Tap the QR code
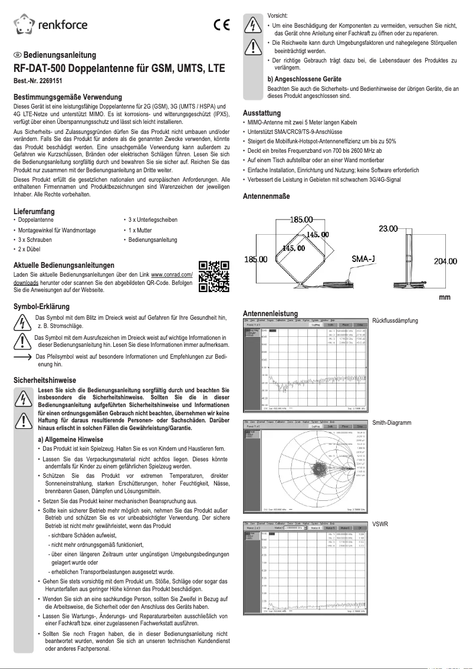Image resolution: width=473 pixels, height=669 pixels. pyautogui.click(x=213, y=276)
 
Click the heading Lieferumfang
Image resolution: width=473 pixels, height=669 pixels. pyautogui.click(x=34, y=211)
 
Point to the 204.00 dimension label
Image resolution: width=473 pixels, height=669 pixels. pyautogui.click(x=445, y=261)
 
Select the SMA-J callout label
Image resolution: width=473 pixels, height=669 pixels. pyautogui.click(x=364, y=259)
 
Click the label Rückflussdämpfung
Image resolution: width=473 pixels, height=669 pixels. pyautogui.click(x=395, y=321)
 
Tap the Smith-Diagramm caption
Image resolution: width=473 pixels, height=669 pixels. pyautogui.click(x=392, y=423)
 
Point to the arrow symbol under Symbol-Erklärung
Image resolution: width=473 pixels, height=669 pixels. pyautogui.click(x=22, y=358)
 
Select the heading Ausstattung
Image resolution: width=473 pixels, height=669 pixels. pyautogui.click(x=262, y=113)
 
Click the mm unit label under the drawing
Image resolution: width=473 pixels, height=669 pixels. pyautogui.click(x=445, y=297)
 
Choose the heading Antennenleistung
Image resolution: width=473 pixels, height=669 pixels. pyautogui.click(x=270, y=313)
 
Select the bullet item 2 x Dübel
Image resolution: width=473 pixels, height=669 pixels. pyautogui.click(x=34, y=250)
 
